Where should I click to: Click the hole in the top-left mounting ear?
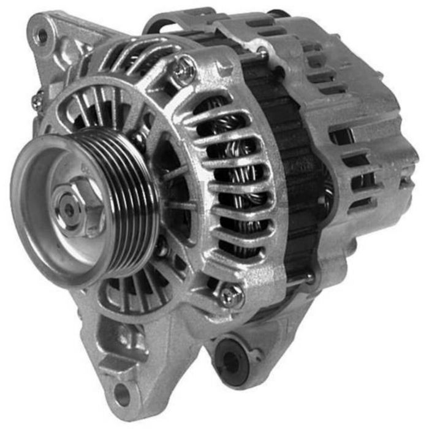[x=42, y=36]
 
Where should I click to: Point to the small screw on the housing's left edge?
[x=37, y=103]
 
